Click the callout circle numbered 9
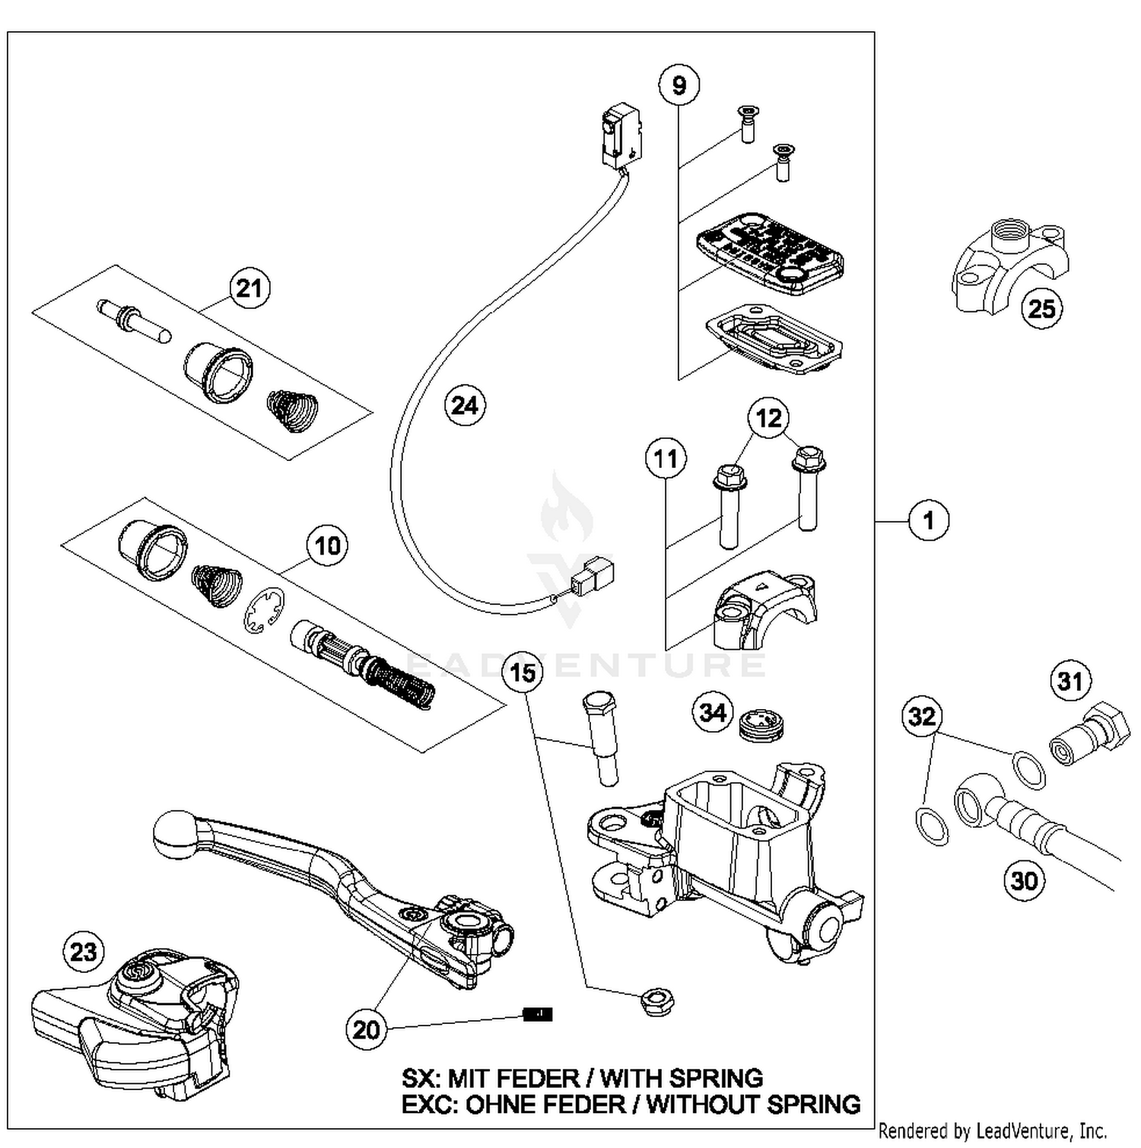tap(679, 85)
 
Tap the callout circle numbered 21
tap(249, 288)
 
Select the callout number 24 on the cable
tap(465, 405)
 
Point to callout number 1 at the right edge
tap(928, 521)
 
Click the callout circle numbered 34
tap(713, 712)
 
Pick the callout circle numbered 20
tap(366, 1029)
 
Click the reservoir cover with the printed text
tap(770, 253)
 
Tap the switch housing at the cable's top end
tap(621, 137)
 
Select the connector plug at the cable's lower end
tap(593, 577)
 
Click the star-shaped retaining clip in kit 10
tap(264, 610)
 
